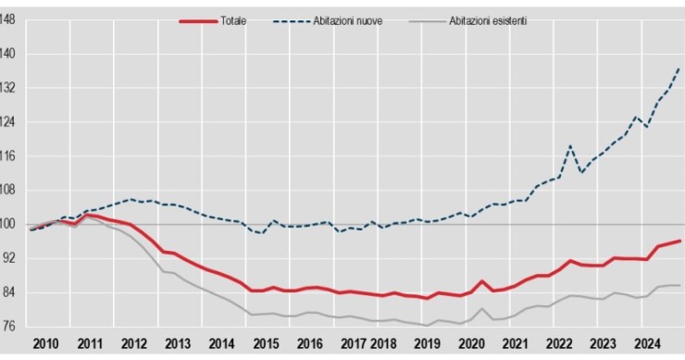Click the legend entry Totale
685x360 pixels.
pyautogui.click(x=233, y=20)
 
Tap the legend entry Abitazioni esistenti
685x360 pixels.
pyautogui.click(x=487, y=20)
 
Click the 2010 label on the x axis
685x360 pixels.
pyautogui.click(x=45, y=344)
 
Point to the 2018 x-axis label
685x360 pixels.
pyautogui.click(x=382, y=344)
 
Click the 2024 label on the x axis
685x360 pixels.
pyautogui.click(x=646, y=344)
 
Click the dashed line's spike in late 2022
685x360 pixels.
pyautogui.click(x=570, y=146)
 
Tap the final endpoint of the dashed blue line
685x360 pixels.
pyautogui.click(x=680, y=68)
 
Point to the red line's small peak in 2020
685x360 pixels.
pyautogui.click(x=482, y=280)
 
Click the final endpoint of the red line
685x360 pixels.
pyautogui.click(x=680, y=241)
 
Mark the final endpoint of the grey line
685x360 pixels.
pyautogui.click(x=680, y=285)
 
